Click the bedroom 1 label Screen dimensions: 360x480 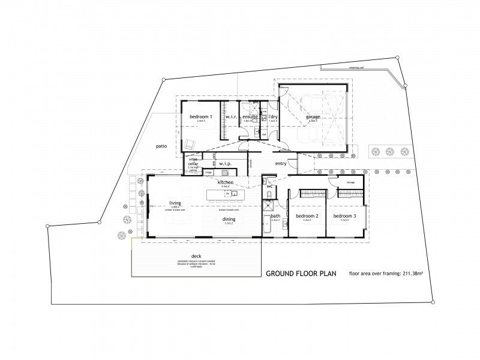click(x=201, y=116)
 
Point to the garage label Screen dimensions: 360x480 click(x=313, y=117)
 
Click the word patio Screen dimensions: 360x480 click(x=161, y=146)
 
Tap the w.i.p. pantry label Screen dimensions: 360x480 click(x=226, y=163)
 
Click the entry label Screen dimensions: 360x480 click(x=281, y=163)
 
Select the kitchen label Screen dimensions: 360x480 click(x=226, y=182)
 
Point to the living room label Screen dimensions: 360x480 click(x=175, y=203)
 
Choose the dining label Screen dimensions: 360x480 click(x=229, y=219)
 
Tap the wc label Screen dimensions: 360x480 click(x=270, y=187)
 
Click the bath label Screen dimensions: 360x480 click(x=276, y=216)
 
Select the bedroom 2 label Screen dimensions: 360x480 click(x=308, y=216)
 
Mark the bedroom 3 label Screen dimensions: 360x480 click(x=345, y=216)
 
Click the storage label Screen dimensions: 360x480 click(x=352, y=182)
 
